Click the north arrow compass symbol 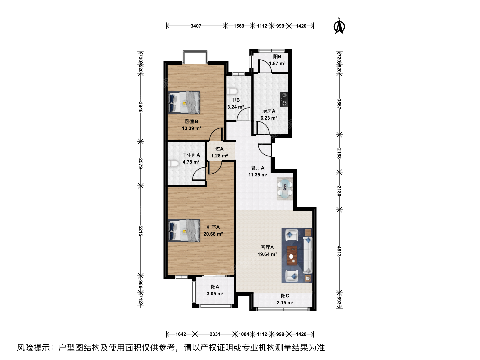click(x=339, y=26)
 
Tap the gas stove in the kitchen click(x=284, y=99)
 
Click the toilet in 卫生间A click(x=174, y=164)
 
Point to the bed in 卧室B click(x=184, y=103)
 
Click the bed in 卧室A click(x=184, y=231)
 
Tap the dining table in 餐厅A click(x=285, y=189)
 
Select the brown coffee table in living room click(x=292, y=256)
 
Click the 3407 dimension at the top click(x=196, y=26)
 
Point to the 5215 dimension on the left click(x=141, y=231)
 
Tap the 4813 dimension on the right click(x=339, y=251)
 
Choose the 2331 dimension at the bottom click(x=215, y=334)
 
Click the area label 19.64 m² click(x=267, y=254)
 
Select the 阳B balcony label click(x=277, y=57)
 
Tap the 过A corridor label click(x=219, y=149)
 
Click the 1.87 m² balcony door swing click(x=265, y=66)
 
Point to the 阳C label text click(x=285, y=296)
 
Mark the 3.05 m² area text click(x=215, y=294)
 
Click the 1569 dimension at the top click(x=239, y=26)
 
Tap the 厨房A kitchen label click(x=269, y=111)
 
